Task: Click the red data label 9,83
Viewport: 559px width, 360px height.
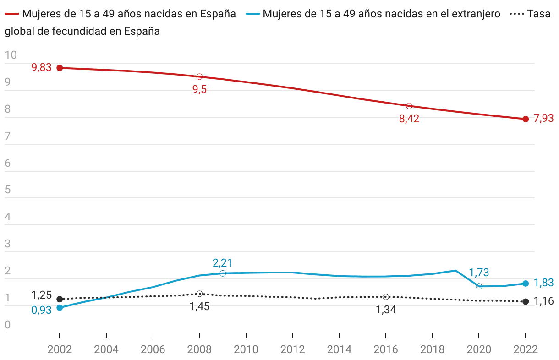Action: pos(41,68)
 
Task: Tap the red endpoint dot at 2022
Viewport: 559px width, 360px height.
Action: pos(526,119)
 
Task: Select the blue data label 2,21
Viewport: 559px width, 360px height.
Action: pos(223,263)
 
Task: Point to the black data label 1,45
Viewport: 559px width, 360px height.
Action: pos(200,306)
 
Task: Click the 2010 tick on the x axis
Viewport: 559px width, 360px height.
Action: pos(246,349)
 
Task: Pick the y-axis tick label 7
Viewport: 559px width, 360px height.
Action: pos(8,136)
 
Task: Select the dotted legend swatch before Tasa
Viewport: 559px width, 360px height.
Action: pos(515,14)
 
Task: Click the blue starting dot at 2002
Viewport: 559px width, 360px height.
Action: pos(60,308)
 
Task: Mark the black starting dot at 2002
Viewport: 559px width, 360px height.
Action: pos(60,299)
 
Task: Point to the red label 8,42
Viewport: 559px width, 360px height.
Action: pos(409,119)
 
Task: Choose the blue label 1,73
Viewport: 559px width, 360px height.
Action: pos(479,273)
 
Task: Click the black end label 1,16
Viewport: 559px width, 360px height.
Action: pos(544,301)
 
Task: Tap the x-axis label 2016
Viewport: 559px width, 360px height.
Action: pos(386,349)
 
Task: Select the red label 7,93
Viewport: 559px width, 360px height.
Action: pos(544,119)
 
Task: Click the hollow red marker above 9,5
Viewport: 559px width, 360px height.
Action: pos(199,76)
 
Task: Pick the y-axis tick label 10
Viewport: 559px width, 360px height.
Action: pos(11,55)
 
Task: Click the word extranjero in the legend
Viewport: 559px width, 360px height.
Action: pos(477,14)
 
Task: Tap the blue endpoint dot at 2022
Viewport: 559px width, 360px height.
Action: pos(526,284)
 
